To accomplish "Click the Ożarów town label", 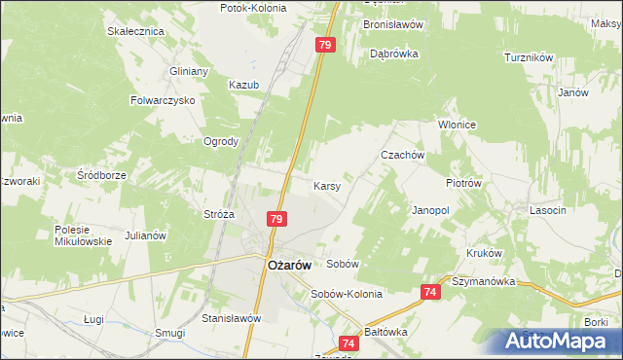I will (x=289, y=267).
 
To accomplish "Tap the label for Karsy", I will (x=326, y=185).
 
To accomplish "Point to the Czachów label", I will (x=402, y=155).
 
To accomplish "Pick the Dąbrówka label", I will (x=393, y=54).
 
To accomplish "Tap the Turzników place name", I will (x=529, y=57).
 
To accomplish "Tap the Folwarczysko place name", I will (x=164, y=100).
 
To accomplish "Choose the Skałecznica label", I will (x=135, y=31).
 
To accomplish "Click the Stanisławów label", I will (x=233, y=317).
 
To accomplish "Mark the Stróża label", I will (x=219, y=214).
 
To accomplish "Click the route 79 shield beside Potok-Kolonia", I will (x=325, y=45).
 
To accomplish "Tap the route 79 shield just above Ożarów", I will (x=277, y=220).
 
